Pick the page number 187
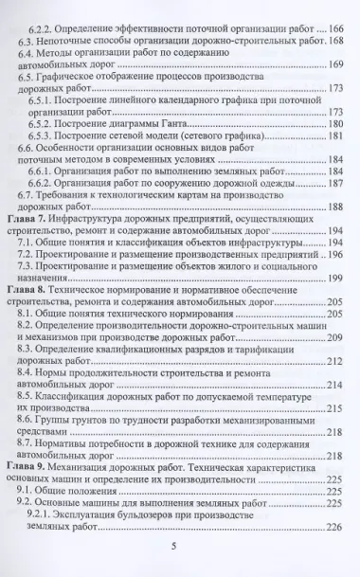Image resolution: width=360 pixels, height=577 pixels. pos(341,210)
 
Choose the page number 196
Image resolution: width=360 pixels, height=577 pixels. pos(343,282)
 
